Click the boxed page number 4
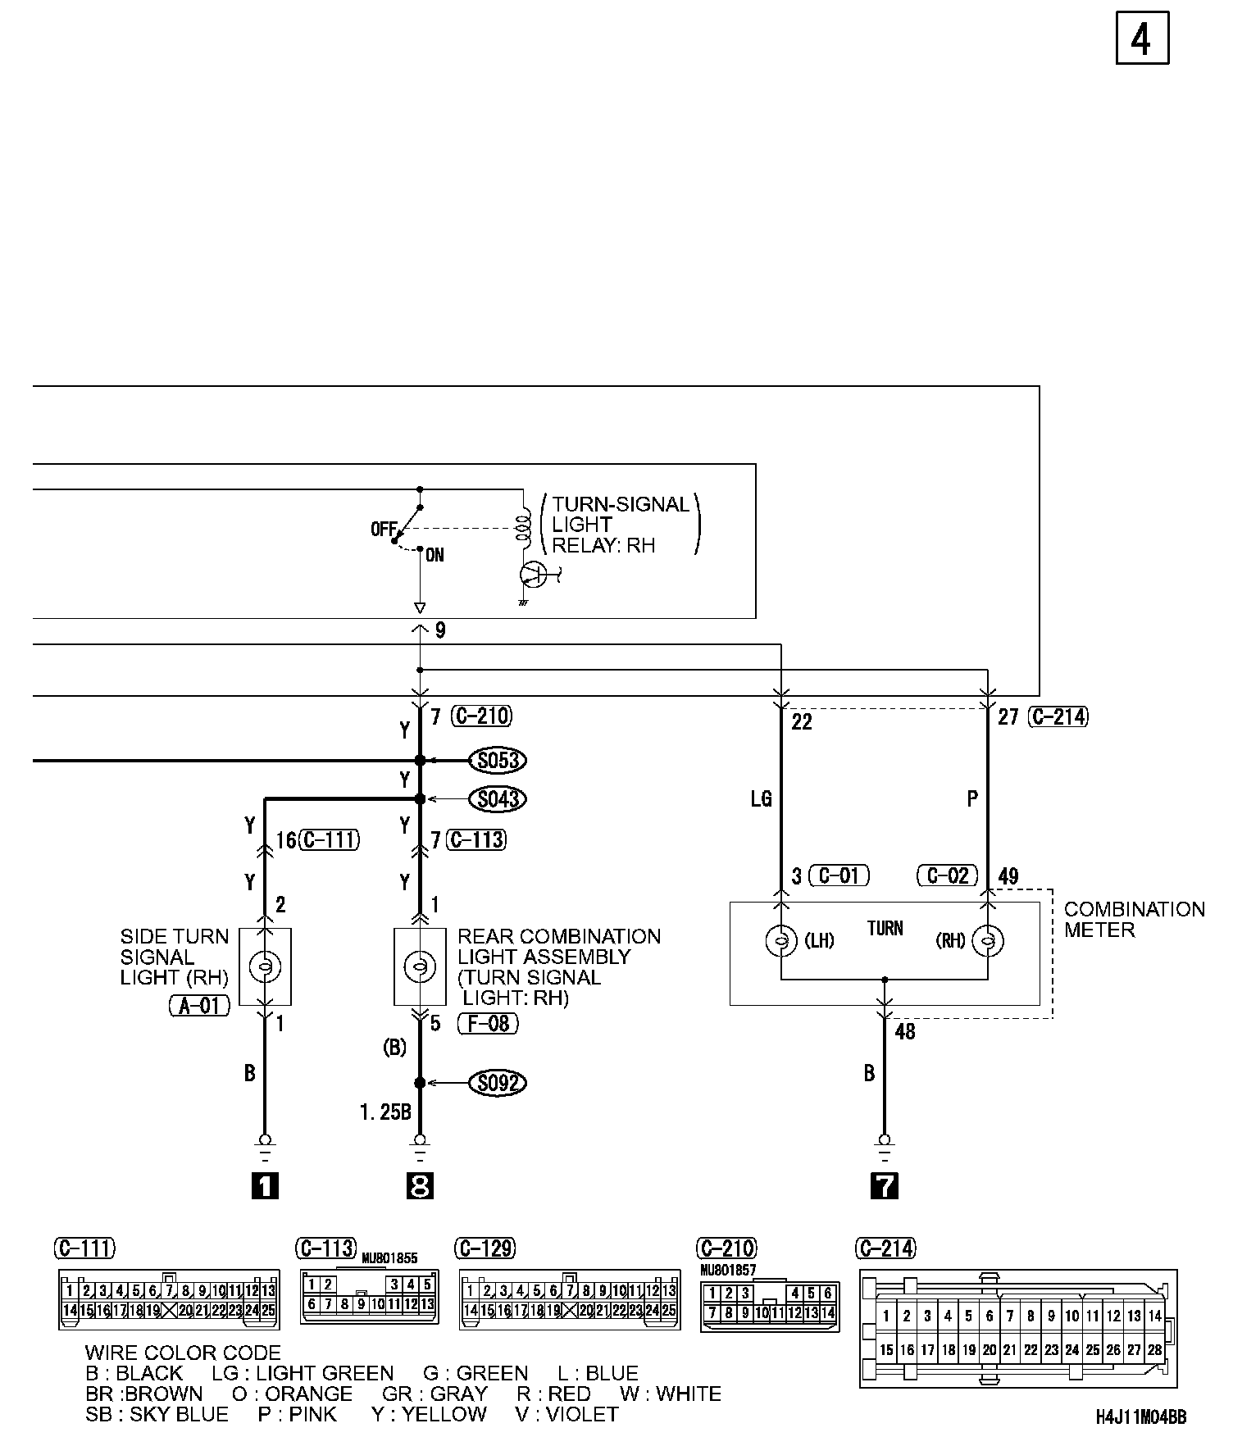(1141, 39)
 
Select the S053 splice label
(498, 761)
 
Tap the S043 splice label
(498, 798)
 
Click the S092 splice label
(498, 1083)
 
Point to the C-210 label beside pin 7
(482, 716)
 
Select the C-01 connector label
(839, 875)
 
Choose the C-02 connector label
(947, 875)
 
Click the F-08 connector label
(488, 1023)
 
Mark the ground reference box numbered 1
(264, 1185)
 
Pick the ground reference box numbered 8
(420, 1185)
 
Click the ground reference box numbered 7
(885, 1185)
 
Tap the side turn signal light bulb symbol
(265, 967)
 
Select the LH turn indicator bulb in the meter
(781, 940)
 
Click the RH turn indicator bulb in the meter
(988, 940)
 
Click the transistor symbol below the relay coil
(533, 575)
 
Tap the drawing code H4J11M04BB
(1140, 1417)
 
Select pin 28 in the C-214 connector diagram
(1154, 1350)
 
